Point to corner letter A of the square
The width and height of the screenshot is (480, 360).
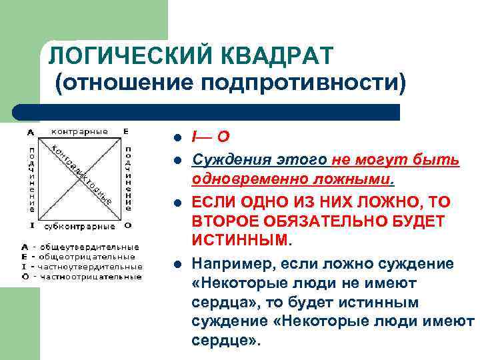tap(31, 131)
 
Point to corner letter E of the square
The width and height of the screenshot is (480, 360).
tap(126, 131)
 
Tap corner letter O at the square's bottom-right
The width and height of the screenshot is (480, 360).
tap(127, 225)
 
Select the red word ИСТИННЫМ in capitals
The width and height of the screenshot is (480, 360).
tap(242, 238)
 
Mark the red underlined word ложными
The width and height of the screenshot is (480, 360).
tap(359, 179)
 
